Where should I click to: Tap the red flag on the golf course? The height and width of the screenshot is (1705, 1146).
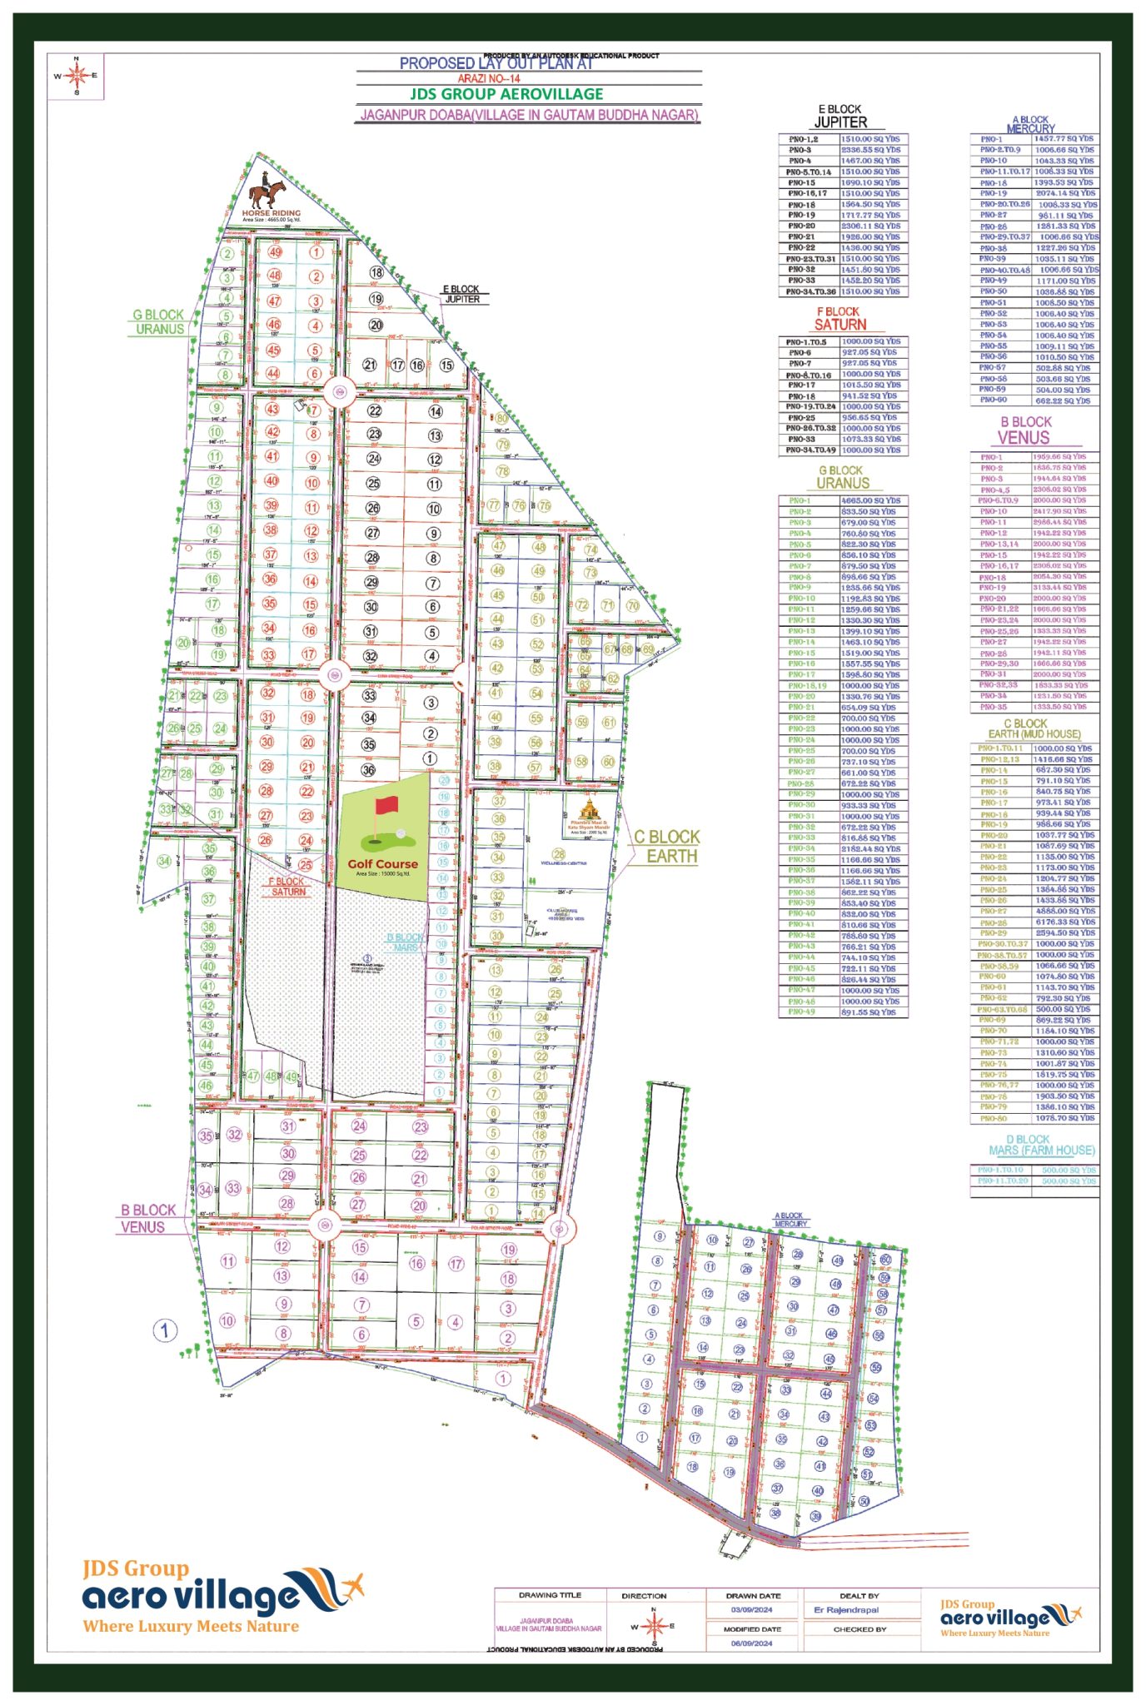coord(386,806)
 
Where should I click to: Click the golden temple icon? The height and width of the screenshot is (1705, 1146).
coord(590,808)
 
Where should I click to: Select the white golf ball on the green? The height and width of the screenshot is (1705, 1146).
coord(401,833)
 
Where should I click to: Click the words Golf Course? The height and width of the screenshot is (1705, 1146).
coord(382,863)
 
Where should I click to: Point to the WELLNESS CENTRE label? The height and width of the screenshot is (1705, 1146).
coord(563,863)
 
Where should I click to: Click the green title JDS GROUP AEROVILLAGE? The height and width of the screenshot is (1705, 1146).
coord(506,94)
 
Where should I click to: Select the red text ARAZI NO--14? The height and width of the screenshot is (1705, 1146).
coord(488,78)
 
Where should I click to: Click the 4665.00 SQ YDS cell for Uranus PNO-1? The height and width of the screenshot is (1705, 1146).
coord(870,500)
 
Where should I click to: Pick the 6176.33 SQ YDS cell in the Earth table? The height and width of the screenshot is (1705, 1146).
coord(1064,922)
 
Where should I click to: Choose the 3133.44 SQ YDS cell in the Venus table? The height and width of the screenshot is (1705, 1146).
coord(1059,587)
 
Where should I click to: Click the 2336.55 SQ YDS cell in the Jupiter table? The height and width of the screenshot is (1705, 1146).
coord(870,150)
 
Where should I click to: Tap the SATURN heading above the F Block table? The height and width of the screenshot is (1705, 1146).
coord(840,325)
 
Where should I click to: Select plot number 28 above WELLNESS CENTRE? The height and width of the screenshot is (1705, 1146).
coord(559,854)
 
